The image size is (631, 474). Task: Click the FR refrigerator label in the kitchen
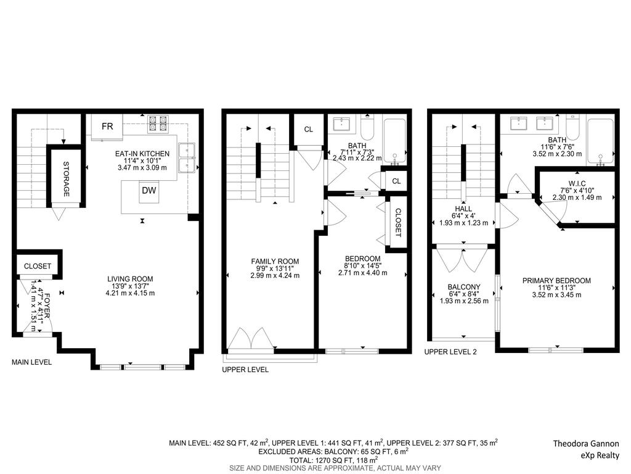(x=107, y=127)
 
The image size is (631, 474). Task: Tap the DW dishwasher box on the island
(x=149, y=191)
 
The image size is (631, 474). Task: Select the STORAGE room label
(x=65, y=180)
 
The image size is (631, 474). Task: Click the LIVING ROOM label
(x=129, y=278)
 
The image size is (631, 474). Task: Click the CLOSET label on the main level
(x=38, y=266)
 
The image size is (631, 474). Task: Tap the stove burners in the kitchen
(x=158, y=125)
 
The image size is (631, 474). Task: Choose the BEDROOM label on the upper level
(x=363, y=258)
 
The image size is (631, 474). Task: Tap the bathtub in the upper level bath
(x=394, y=141)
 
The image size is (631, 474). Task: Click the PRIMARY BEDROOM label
(x=556, y=280)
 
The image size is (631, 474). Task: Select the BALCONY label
(x=464, y=286)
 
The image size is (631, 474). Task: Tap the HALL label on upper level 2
(x=464, y=208)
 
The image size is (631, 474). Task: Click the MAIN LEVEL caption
(x=32, y=362)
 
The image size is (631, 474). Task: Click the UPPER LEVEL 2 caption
(x=450, y=352)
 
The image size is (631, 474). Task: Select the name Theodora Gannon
(x=585, y=444)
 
